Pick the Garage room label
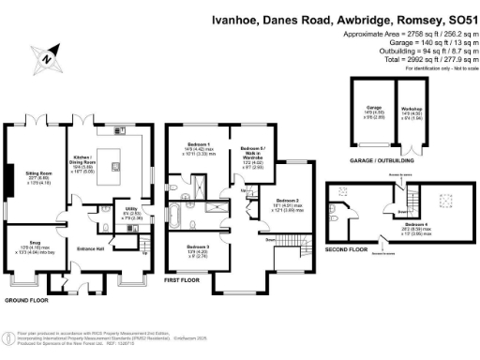[372, 109]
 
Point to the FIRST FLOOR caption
[185, 278]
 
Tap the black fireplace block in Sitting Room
[7, 175]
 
